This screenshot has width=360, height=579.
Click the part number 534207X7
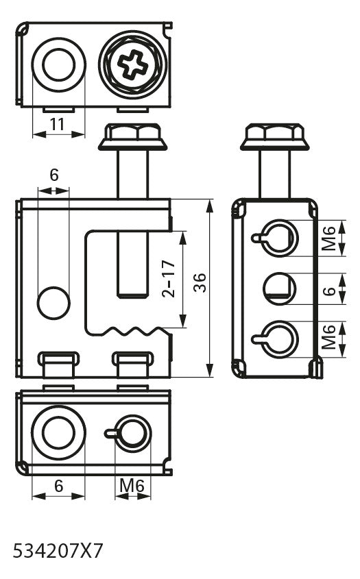coord(58,552)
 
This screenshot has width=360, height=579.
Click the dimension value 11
coord(58,125)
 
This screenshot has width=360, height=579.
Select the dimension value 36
coord(200,283)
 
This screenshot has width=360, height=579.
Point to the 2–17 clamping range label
coord(168,279)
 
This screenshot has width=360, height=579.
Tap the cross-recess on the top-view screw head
coord(132,64)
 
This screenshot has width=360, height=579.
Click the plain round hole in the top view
coord(58,64)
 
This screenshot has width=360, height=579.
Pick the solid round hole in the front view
coord(53,303)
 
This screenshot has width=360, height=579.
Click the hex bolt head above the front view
coord(132,136)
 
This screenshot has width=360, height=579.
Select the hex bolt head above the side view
coord(274,136)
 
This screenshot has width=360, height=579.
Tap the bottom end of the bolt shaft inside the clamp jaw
coord(133,297)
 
